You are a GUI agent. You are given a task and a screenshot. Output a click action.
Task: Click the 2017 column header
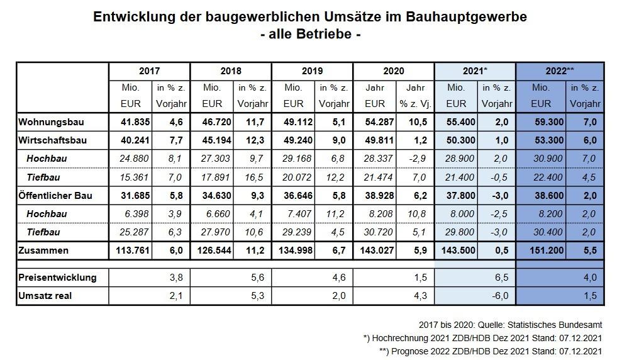coord(149,71)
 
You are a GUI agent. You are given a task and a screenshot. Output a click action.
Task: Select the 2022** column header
coord(560,71)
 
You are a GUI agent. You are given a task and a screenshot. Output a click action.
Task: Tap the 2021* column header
coord(475,71)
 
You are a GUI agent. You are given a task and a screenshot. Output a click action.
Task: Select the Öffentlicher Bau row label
coord(55,195)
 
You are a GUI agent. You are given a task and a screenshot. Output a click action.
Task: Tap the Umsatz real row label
coord(45,295)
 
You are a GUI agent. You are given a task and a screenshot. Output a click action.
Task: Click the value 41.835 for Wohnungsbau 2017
coord(130,121)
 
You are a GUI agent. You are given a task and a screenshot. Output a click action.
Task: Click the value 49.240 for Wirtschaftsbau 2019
coord(294,140)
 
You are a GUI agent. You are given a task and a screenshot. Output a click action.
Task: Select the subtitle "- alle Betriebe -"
coord(310,35)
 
